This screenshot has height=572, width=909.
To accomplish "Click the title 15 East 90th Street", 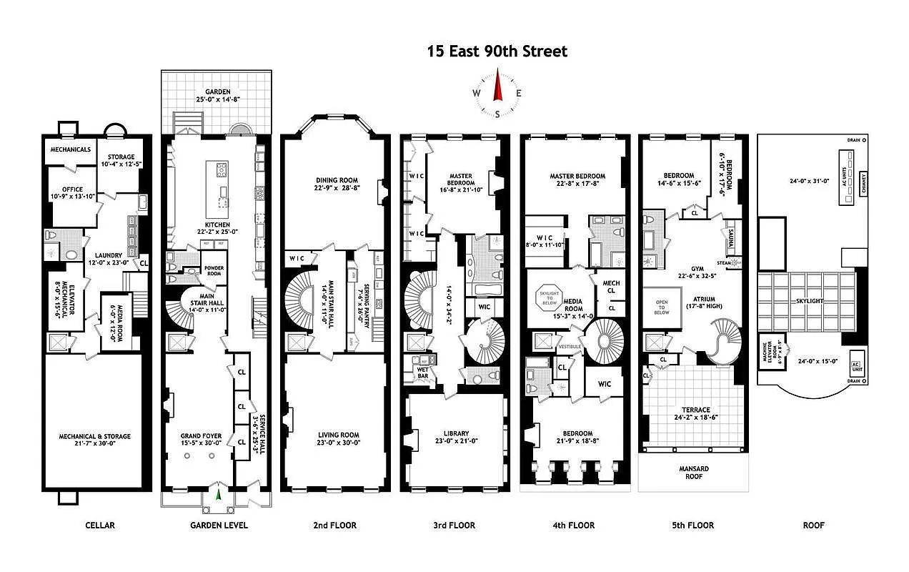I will [497, 51].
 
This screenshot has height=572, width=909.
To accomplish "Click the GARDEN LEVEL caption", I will [219, 525].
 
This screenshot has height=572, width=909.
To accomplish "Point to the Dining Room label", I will [336, 180].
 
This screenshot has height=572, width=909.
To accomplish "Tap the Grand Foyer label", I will [201, 435].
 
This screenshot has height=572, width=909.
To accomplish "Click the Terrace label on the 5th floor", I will [695, 410].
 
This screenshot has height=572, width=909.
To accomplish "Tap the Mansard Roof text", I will [693, 473].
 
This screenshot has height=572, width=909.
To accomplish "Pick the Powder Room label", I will [214, 271].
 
